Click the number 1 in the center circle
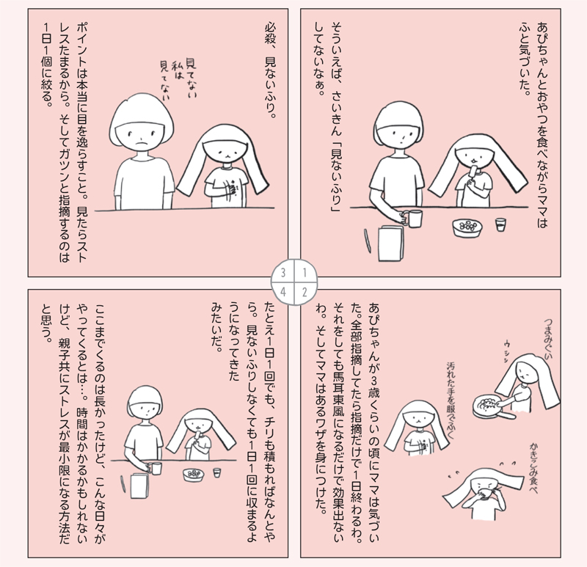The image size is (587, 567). (x=305, y=272)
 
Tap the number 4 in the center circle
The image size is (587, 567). (x=283, y=291)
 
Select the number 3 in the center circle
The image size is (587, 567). (x=283, y=272)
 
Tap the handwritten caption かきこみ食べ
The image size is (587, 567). (x=533, y=468)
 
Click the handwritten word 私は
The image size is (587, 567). (x=177, y=70)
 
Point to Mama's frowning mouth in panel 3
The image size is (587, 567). (x=140, y=143)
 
